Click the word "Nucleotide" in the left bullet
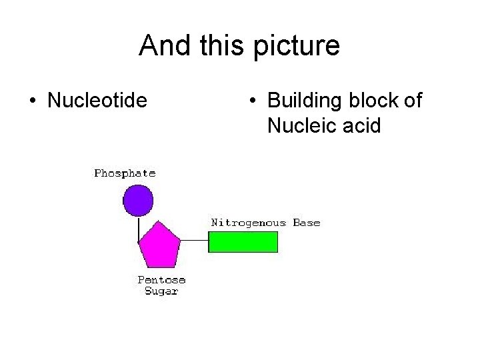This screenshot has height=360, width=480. pyautogui.click(x=97, y=101)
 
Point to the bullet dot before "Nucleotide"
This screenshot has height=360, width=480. pyautogui.click(x=33, y=101)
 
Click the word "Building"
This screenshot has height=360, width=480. pyautogui.click(x=305, y=101)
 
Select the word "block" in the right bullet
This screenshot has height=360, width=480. pyautogui.click(x=373, y=101)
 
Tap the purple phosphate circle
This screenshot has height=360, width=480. pyautogui.click(x=138, y=200)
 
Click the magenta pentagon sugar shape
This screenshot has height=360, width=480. pyautogui.click(x=159, y=245)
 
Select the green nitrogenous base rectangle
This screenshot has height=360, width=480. pyautogui.click(x=243, y=241)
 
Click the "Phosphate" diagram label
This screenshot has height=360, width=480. pyautogui.click(x=125, y=173)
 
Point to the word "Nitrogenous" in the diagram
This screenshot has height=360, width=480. pyautogui.click(x=249, y=223)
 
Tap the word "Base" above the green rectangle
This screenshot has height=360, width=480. pyautogui.click(x=307, y=223)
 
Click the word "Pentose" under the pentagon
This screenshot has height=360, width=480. pyautogui.click(x=161, y=280)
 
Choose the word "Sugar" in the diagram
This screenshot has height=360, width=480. pyautogui.click(x=161, y=291)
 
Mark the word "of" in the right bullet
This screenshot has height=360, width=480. pyautogui.click(x=413, y=101)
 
